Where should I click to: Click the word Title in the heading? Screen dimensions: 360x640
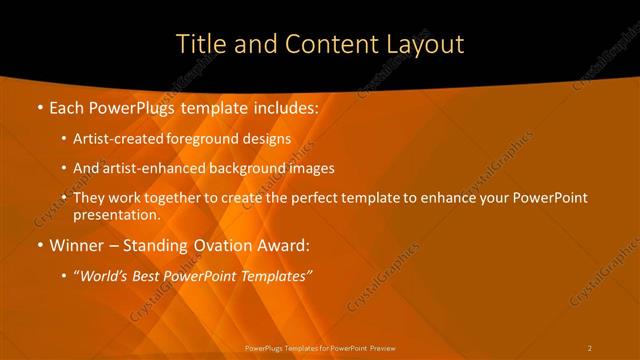(198, 44)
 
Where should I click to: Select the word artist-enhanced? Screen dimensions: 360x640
(154, 169)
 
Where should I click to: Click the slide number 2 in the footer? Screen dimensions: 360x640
(590, 348)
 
